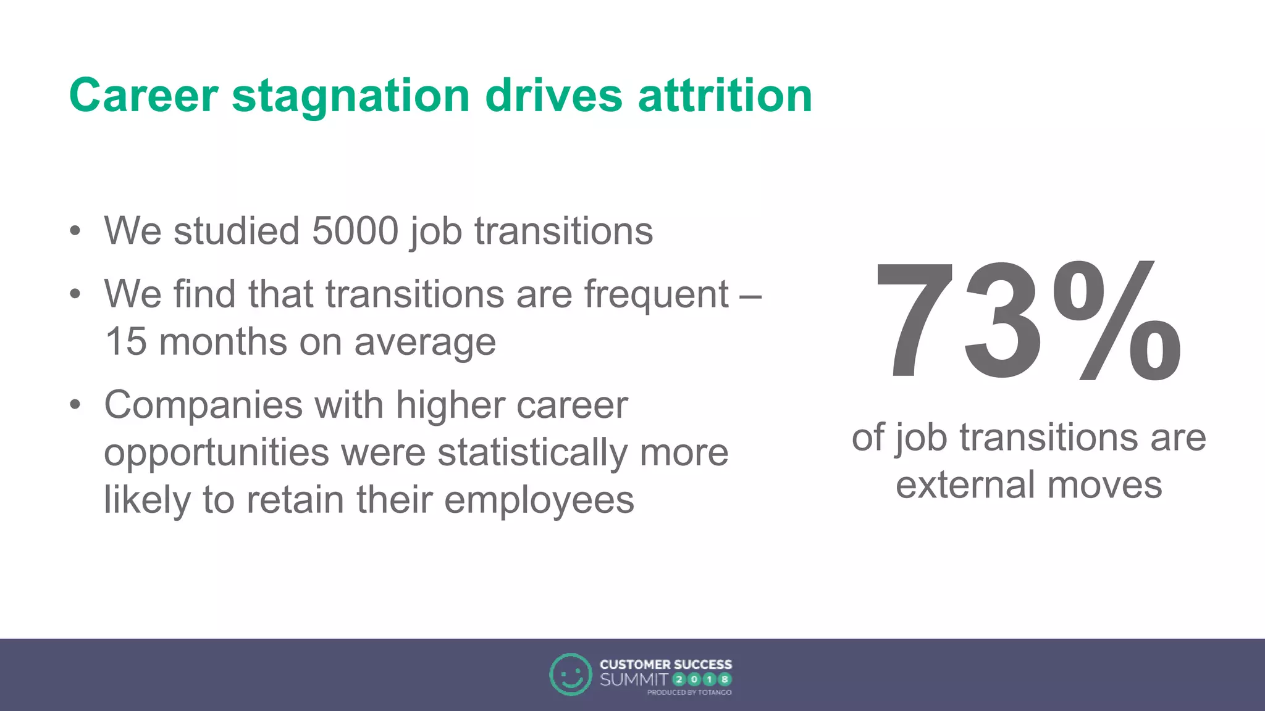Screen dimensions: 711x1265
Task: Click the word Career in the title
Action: click(x=143, y=96)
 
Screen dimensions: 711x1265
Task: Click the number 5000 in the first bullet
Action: click(x=355, y=231)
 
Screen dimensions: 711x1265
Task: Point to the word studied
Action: click(x=237, y=231)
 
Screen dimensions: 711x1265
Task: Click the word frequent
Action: click(x=657, y=295)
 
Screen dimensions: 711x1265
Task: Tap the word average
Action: click(x=425, y=343)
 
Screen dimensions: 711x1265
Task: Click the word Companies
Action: click(x=203, y=406)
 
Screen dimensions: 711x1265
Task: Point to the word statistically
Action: click(x=533, y=452)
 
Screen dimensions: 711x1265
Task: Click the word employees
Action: click(x=539, y=501)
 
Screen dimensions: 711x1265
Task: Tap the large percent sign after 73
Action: click(x=1117, y=321)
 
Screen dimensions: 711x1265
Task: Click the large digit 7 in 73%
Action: click(x=915, y=321)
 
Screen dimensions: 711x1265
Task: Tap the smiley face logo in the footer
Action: click(x=570, y=675)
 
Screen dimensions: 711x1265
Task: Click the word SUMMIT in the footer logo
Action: click(x=634, y=680)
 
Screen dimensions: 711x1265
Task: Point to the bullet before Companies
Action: click(x=75, y=405)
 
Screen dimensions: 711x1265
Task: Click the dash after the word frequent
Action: click(x=750, y=296)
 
